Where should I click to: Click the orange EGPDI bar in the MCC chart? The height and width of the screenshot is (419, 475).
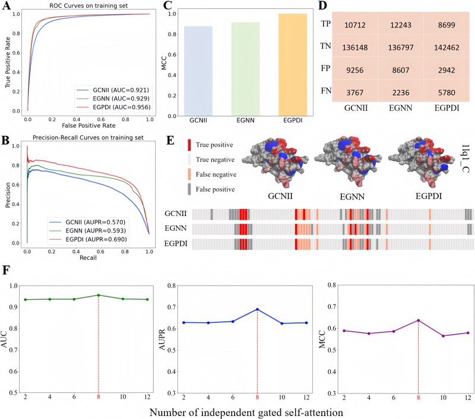click(x=293, y=65)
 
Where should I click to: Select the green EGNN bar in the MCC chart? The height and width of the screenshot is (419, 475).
click(x=245, y=69)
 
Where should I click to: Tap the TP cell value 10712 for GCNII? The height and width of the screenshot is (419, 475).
click(x=354, y=25)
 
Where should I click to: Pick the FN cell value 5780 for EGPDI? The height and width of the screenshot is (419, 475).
click(x=446, y=93)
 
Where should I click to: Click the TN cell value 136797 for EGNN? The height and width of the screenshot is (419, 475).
click(x=400, y=47)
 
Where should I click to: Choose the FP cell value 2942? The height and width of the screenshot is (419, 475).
click(x=446, y=70)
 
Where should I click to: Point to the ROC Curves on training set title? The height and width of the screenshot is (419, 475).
click(x=88, y=5)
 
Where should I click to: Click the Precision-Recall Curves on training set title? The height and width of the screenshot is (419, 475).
click(x=88, y=138)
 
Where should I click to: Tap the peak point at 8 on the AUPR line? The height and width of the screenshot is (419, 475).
click(x=257, y=309)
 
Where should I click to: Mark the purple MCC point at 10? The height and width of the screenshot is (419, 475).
click(x=443, y=336)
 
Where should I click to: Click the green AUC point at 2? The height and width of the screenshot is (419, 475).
click(x=26, y=300)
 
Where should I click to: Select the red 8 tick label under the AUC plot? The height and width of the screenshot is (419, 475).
click(x=99, y=397)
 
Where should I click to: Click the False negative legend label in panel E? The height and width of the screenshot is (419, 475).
click(x=216, y=174)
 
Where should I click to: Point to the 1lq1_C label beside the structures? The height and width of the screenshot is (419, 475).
click(x=465, y=158)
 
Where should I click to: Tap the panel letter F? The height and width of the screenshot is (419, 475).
click(x=5, y=271)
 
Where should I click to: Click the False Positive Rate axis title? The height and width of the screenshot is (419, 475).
click(x=88, y=125)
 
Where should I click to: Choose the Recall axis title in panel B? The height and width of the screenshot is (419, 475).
click(x=88, y=258)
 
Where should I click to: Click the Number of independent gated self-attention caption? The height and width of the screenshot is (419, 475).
click(x=246, y=412)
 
